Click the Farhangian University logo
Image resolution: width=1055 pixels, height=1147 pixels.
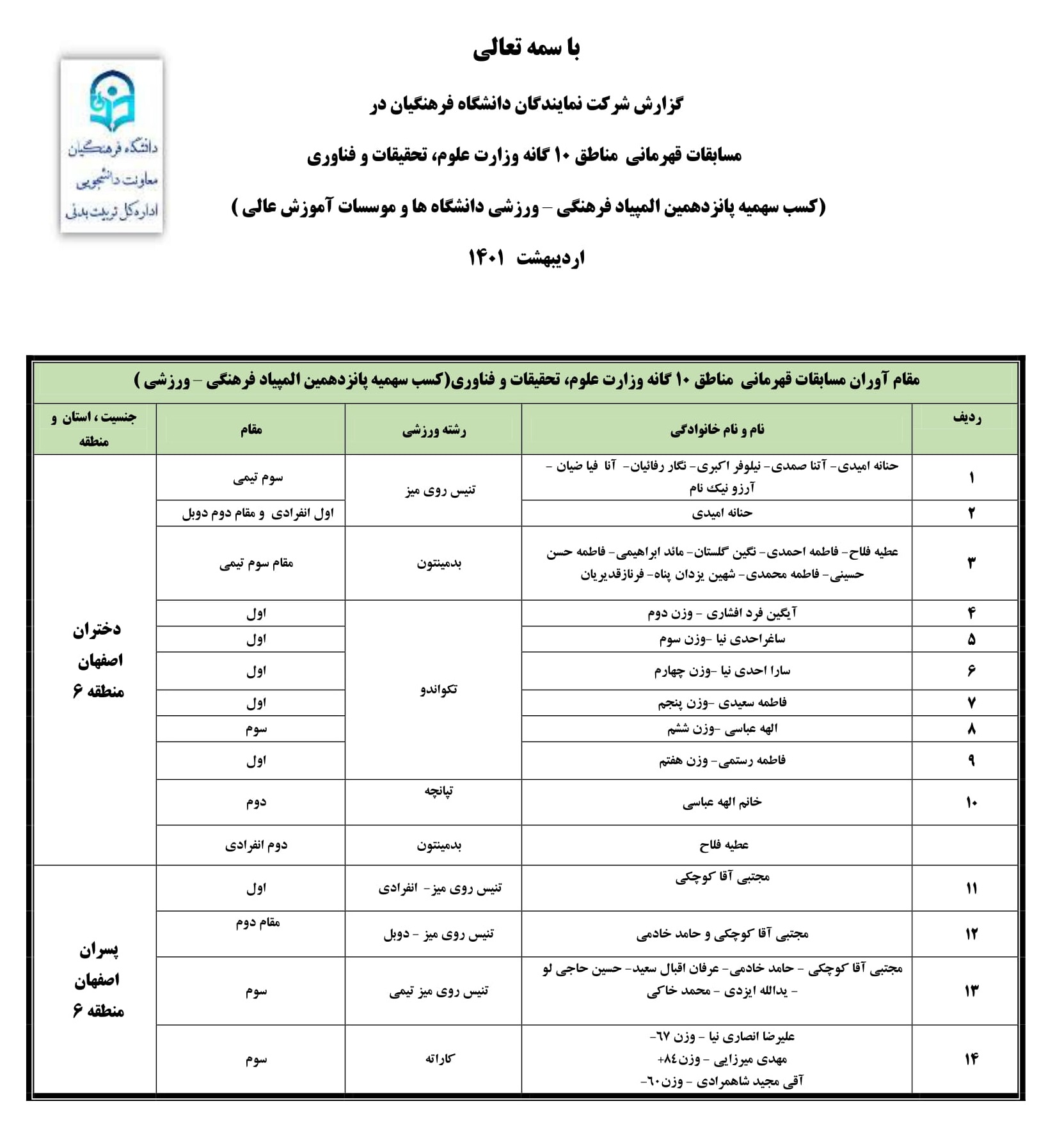[112, 145]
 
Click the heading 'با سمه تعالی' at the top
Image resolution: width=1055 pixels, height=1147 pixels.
[527, 49]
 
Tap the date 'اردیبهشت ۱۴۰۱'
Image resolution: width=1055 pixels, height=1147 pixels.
[527, 258]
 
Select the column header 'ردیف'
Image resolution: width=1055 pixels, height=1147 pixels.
[966, 418]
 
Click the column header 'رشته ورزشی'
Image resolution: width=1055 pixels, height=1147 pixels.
[434, 430]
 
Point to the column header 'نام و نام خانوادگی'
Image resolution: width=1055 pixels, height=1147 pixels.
[717, 430]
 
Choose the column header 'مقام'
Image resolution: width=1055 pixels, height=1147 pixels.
[251, 430]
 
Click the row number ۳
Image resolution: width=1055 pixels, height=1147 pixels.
[971, 563]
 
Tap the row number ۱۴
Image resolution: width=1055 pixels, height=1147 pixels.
[971, 1059]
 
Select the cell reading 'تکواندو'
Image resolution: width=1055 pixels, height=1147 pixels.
[438, 689]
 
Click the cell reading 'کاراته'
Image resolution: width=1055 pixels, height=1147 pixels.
[440, 1059]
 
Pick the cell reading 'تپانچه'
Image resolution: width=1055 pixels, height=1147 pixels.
[438, 791]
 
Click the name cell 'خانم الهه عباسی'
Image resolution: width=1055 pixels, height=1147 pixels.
[722, 802]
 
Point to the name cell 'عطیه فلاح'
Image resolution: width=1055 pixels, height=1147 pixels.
[724, 845]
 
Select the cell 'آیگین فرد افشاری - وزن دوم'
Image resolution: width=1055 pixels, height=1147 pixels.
[722, 613]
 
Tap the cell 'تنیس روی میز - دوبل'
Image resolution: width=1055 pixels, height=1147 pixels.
[438, 935]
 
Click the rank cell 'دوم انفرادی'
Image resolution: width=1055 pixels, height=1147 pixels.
[256, 845]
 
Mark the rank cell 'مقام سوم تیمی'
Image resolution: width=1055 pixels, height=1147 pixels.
[256, 563]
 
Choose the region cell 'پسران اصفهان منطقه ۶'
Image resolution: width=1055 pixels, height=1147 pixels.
[97, 980]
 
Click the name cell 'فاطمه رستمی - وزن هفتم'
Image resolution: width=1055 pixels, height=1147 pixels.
[722, 761]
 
